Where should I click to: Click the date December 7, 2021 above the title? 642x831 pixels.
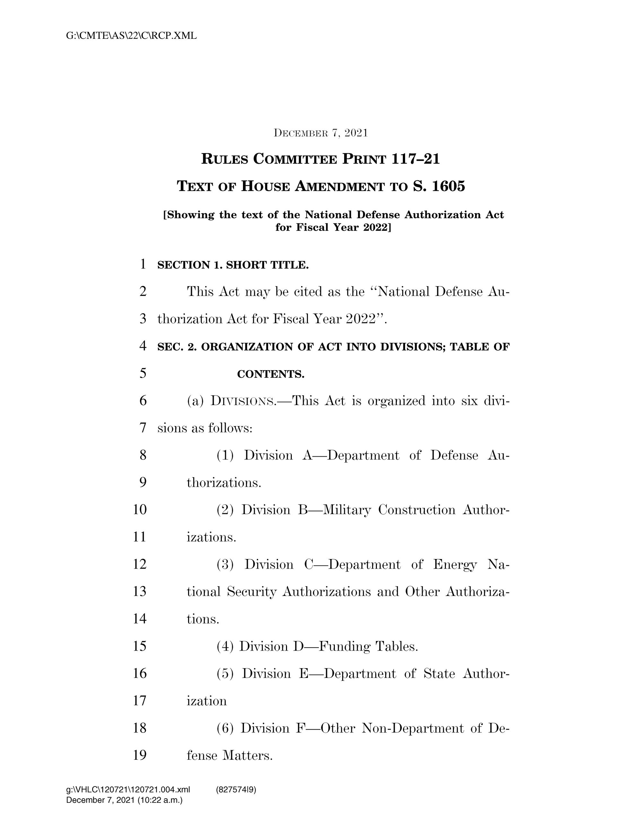(321, 133)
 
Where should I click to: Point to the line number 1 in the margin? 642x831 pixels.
(143, 264)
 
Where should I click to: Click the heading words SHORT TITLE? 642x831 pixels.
(267, 265)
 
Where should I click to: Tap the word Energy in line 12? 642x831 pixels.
(455, 565)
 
